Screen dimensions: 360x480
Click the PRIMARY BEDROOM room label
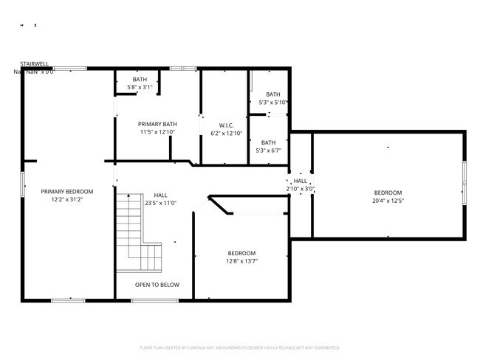tap(66, 192)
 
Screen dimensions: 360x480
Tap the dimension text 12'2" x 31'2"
tap(66, 200)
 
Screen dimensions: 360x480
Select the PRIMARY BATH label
tap(157, 124)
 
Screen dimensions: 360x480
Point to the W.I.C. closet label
tap(226, 125)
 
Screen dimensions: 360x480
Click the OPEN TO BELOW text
tap(157, 285)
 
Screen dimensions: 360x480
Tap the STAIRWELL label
tap(35, 64)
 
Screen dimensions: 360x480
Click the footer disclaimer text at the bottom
tap(240, 347)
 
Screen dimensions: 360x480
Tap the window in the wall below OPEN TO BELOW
tap(154, 300)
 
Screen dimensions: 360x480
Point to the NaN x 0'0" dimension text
tap(34, 72)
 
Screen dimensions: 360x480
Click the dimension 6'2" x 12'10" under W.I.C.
tap(226, 134)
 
